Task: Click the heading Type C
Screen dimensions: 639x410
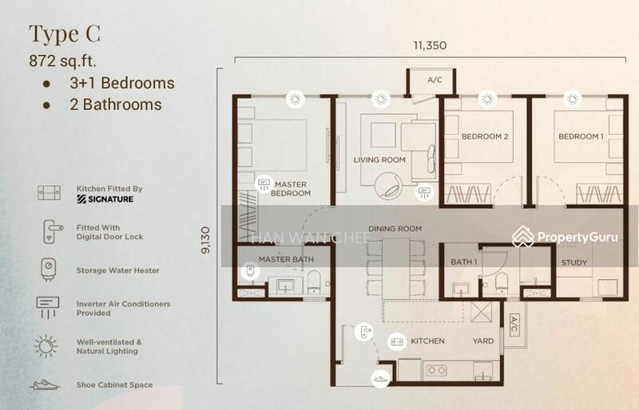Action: click(x=65, y=34)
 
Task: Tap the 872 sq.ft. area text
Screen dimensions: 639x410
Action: click(x=63, y=61)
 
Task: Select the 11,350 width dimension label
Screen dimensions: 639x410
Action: click(x=430, y=45)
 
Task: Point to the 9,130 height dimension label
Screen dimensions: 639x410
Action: click(x=206, y=240)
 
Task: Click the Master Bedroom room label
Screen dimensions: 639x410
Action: click(x=291, y=189)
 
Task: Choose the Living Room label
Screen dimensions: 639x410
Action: click(x=379, y=160)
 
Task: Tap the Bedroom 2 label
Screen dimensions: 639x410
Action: click(x=485, y=136)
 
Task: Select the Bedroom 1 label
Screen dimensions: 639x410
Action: click(x=581, y=136)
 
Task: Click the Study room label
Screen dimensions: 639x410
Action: click(x=574, y=262)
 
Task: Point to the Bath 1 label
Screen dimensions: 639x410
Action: click(x=464, y=262)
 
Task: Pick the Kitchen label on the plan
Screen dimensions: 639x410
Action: click(x=427, y=341)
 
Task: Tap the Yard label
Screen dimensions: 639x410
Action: click(x=483, y=341)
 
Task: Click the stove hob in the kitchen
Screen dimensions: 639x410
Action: click(x=436, y=370)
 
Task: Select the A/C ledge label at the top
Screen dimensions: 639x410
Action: click(x=435, y=80)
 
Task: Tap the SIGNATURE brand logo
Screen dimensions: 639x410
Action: click(x=105, y=199)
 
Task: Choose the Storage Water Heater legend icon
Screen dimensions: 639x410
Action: click(x=49, y=269)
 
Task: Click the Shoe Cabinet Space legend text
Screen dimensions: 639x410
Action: click(x=114, y=384)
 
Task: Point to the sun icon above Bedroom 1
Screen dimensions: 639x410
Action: click(x=573, y=99)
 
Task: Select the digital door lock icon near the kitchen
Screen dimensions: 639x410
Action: click(x=363, y=332)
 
